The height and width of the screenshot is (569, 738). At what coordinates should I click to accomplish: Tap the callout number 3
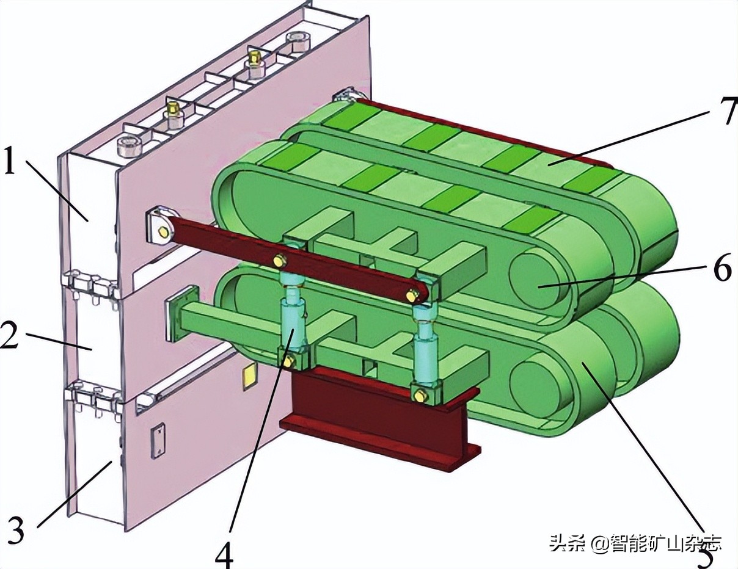point(16,530)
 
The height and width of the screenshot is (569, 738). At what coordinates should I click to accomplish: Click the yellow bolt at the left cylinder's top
point(279,261)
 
